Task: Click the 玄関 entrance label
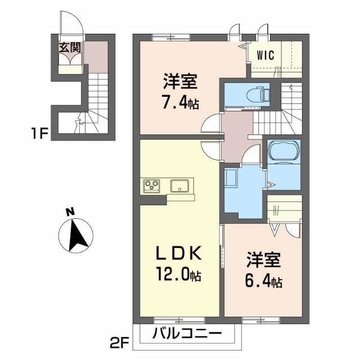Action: (x=70, y=47)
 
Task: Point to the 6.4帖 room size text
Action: (x=263, y=280)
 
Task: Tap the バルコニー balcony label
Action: (x=187, y=333)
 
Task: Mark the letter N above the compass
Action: (x=69, y=212)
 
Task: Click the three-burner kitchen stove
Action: (x=152, y=184)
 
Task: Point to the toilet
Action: (x=259, y=93)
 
